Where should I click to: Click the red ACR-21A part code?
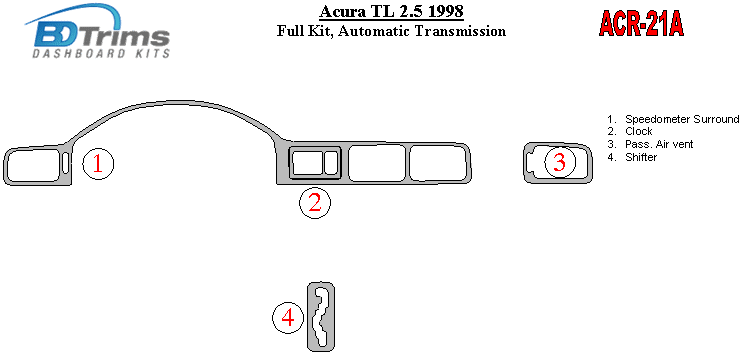[x=641, y=23]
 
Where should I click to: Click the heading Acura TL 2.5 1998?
[x=391, y=11]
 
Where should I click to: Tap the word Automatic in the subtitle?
[x=373, y=31]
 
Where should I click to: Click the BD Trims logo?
[x=98, y=31]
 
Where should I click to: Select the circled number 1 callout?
[x=98, y=164]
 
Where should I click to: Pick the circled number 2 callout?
[x=314, y=203]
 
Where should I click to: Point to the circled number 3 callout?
[x=559, y=163]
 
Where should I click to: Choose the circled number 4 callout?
[x=288, y=318]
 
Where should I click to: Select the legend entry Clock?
[x=638, y=132]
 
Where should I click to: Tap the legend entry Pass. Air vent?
[x=659, y=144]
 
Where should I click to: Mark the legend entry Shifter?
[x=641, y=157]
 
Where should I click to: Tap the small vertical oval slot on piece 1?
[x=66, y=163]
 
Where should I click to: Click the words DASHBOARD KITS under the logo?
[x=101, y=53]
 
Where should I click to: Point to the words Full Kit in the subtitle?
[x=303, y=31]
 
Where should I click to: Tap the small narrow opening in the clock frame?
[x=330, y=162]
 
